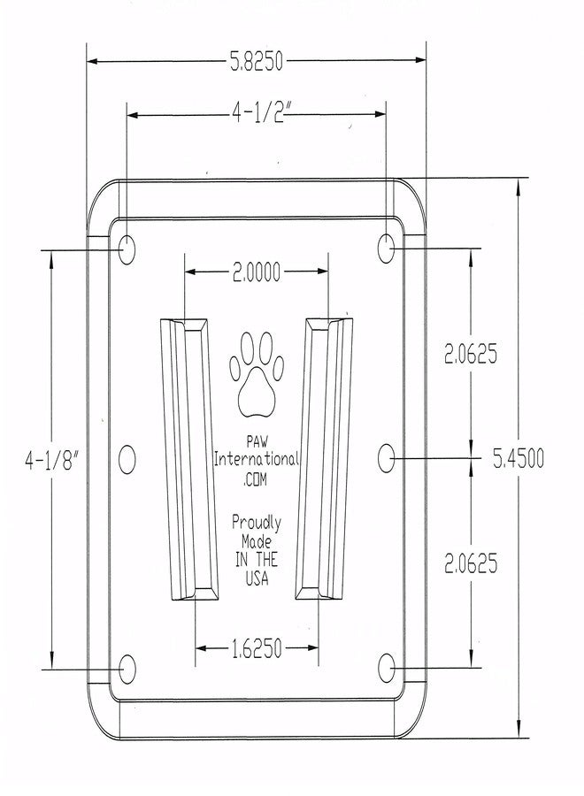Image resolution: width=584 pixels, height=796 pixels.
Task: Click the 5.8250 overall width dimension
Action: click(257, 61)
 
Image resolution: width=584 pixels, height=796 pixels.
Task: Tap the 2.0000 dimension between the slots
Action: click(257, 272)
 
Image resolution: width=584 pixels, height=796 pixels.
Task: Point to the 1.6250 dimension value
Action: click(257, 648)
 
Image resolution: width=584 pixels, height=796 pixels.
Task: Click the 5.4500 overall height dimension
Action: click(519, 458)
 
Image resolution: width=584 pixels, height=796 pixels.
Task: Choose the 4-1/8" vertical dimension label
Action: click(53, 460)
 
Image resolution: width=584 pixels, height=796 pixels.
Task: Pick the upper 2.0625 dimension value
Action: click(471, 354)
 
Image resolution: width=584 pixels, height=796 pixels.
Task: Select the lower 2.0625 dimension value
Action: click(471, 563)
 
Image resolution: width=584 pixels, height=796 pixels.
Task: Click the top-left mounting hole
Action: click(127, 249)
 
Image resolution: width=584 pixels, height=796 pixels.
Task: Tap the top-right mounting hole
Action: click(387, 249)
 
